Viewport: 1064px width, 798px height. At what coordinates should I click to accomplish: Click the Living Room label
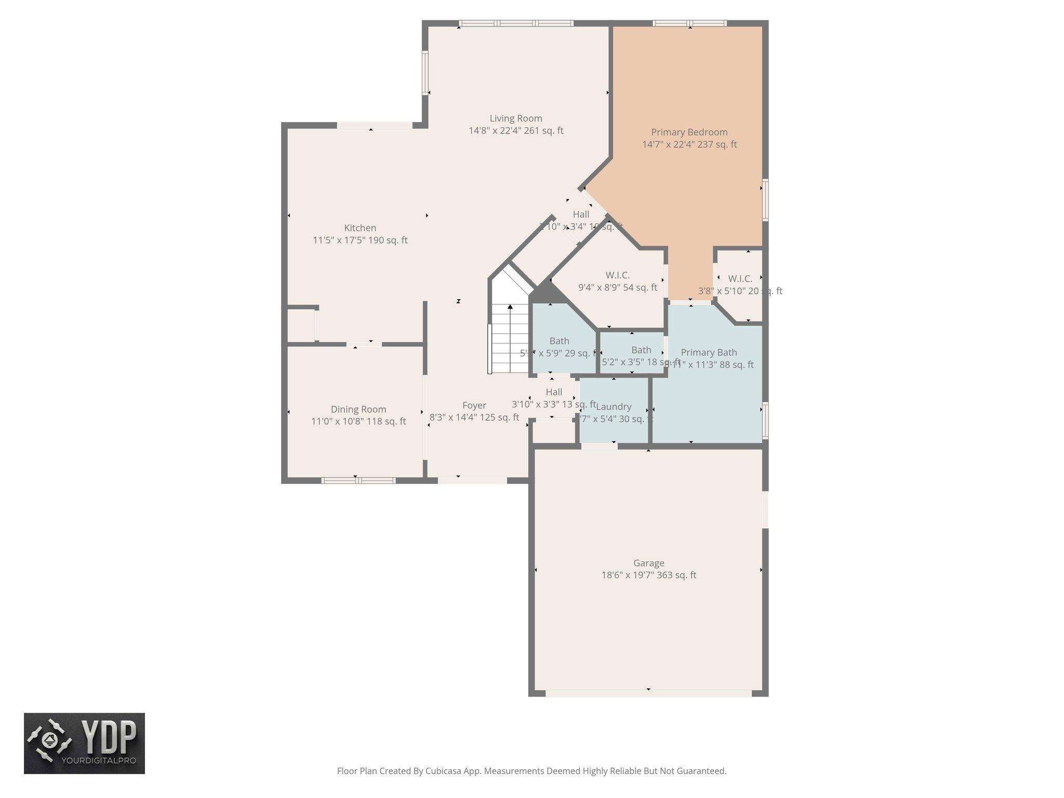(515, 118)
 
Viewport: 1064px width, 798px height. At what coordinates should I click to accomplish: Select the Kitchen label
(360, 228)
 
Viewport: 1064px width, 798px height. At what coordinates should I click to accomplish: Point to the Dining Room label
(358, 409)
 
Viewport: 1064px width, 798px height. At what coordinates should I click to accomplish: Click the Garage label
(648, 563)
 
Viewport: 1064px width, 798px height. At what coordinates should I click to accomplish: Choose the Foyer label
(474, 405)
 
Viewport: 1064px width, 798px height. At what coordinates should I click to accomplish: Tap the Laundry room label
(614, 407)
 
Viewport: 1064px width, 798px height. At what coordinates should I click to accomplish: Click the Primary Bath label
(709, 353)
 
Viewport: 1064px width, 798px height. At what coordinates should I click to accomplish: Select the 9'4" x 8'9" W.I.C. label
(617, 275)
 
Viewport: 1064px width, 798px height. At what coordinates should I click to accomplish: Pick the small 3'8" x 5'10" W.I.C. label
(740, 279)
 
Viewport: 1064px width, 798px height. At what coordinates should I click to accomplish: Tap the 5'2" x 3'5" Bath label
(641, 350)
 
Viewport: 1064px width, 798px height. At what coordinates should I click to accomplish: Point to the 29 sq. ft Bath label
(559, 341)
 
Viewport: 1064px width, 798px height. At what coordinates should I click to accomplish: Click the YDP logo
(84, 743)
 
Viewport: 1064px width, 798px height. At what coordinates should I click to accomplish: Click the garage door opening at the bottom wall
(648, 693)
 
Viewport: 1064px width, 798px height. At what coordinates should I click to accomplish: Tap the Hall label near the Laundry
(554, 392)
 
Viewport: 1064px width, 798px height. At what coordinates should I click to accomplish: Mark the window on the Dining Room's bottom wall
(358, 481)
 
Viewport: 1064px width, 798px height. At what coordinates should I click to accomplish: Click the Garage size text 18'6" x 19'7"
(648, 575)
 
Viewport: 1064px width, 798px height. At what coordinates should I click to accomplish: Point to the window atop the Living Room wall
(516, 23)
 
